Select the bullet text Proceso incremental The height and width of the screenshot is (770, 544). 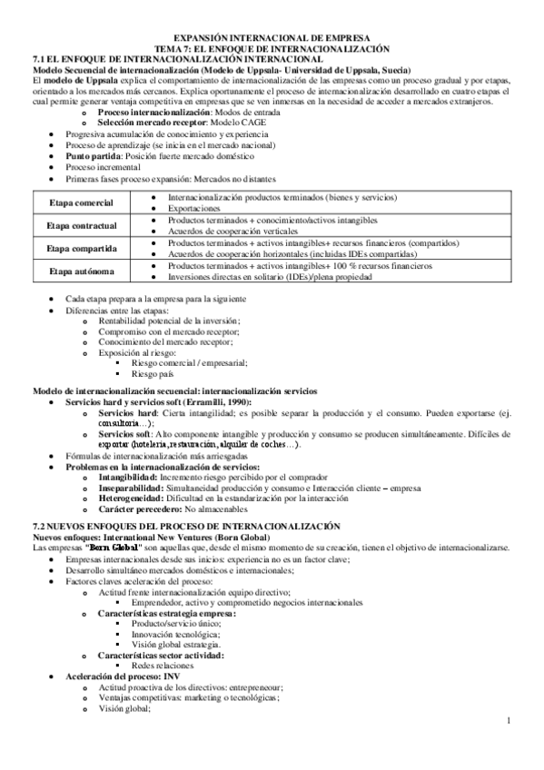103,168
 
